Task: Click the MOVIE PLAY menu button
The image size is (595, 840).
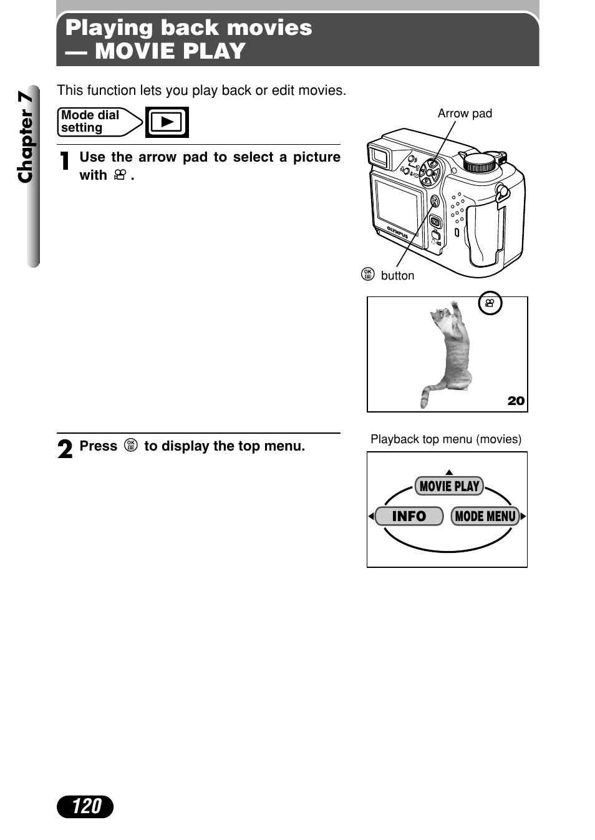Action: click(x=449, y=486)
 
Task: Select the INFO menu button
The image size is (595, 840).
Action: click(x=409, y=516)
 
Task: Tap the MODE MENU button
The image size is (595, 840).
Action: click(x=485, y=516)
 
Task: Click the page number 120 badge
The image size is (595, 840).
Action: click(x=85, y=806)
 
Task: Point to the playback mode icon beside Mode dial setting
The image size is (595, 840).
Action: click(x=167, y=122)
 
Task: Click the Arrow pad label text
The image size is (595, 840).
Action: click(x=465, y=114)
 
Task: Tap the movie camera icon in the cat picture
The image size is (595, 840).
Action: click(x=490, y=303)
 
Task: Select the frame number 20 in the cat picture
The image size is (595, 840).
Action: click(x=516, y=401)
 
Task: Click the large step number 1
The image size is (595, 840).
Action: click(x=64, y=161)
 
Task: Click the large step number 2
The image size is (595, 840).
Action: click(x=65, y=449)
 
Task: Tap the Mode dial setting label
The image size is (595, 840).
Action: click(x=90, y=122)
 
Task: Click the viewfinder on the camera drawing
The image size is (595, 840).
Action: click(x=379, y=156)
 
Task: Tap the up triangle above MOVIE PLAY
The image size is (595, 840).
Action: click(x=449, y=472)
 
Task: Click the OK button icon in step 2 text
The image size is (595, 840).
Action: click(x=130, y=446)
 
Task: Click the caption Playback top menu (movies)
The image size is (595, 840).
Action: click(x=446, y=439)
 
